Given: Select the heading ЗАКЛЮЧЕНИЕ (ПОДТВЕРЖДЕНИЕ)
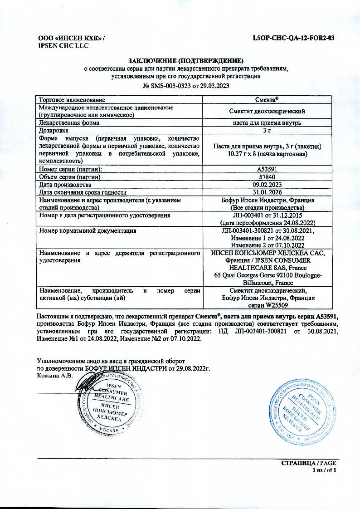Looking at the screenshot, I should tap(186, 61).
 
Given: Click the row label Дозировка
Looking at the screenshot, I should tap(54, 130).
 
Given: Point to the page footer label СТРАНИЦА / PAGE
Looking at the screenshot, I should tap(309, 463).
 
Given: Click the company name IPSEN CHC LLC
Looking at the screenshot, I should tap(63, 45).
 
